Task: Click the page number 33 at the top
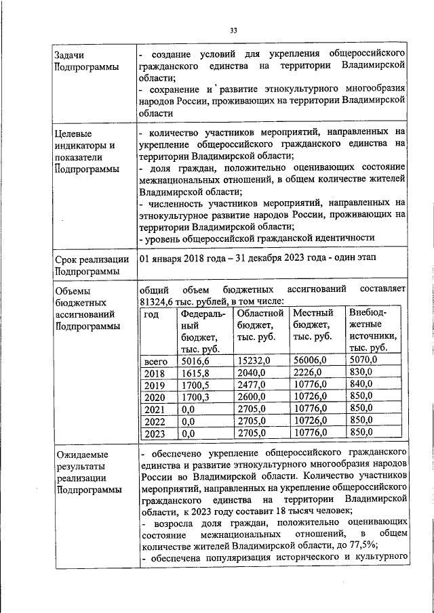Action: [233, 30]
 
